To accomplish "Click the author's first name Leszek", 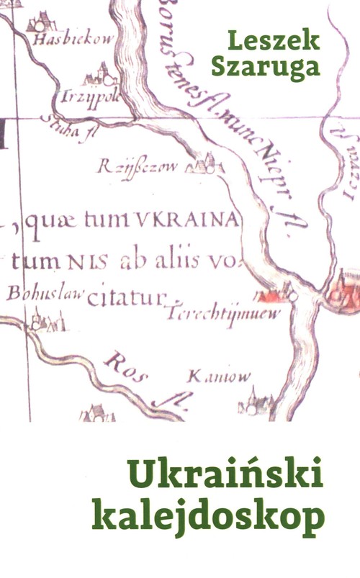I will (x=272, y=41).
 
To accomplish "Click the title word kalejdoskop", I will (x=209, y=515).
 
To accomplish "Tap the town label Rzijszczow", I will (x=138, y=168).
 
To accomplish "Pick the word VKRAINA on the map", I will (x=195, y=220).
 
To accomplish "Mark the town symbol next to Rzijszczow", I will (x=204, y=166).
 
